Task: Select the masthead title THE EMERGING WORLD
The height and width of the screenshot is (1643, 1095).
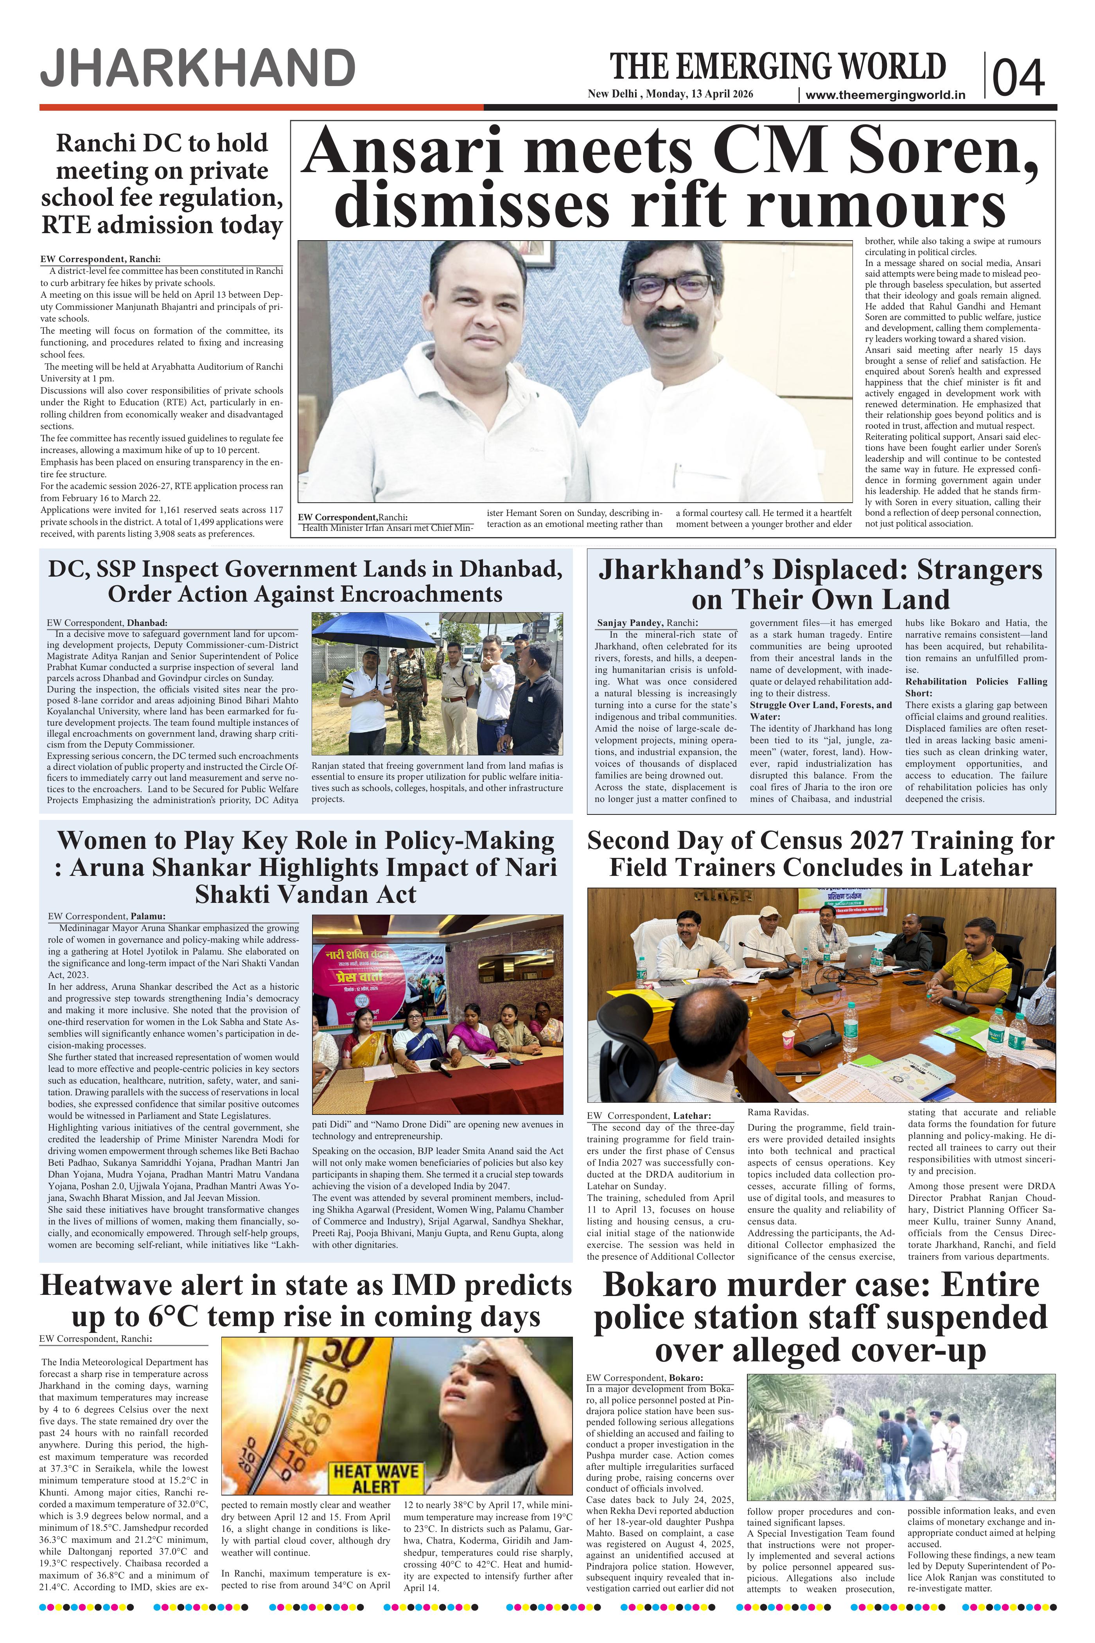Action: [778, 67]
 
